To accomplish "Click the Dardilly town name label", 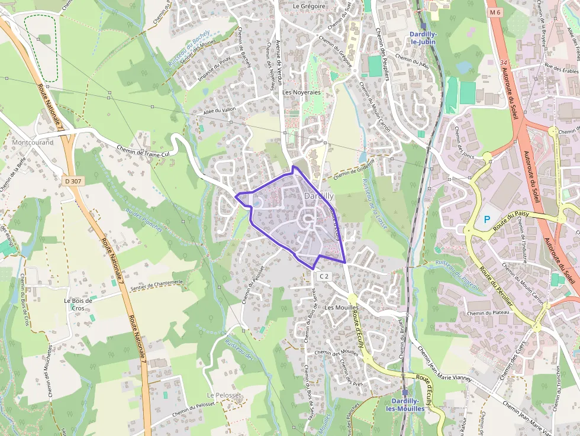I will (x=319, y=196).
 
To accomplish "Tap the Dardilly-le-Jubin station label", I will (x=423, y=38).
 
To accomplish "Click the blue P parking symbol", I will (x=487, y=219).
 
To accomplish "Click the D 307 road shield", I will (x=72, y=181).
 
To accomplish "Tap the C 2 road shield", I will (x=323, y=276).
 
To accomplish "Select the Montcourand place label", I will (x=33, y=143).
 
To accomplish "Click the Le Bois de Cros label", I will (x=78, y=304).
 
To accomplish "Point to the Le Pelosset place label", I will (x=224, y=395).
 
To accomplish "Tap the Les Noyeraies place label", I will (x=301, y=93).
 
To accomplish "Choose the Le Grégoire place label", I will (x=309, y=6).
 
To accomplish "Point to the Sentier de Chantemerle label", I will (x=157, y=283).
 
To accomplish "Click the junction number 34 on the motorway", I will (x=503, y=62).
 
